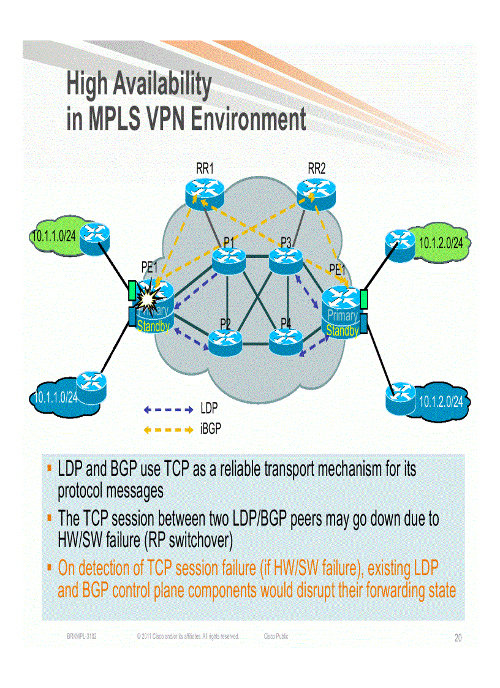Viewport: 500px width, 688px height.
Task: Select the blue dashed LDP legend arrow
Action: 169,409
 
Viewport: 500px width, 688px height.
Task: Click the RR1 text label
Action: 205,168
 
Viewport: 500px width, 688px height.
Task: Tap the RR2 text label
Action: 316,168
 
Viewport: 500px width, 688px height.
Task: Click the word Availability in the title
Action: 162,85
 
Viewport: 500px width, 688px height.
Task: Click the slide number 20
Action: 458,638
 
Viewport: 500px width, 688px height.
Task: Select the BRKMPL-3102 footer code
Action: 81,637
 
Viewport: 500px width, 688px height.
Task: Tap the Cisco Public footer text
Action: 276,637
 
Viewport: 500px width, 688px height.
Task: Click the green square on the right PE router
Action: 363,300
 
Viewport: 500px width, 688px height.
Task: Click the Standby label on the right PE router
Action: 342,331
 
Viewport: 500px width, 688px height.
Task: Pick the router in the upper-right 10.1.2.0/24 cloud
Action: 401,243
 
